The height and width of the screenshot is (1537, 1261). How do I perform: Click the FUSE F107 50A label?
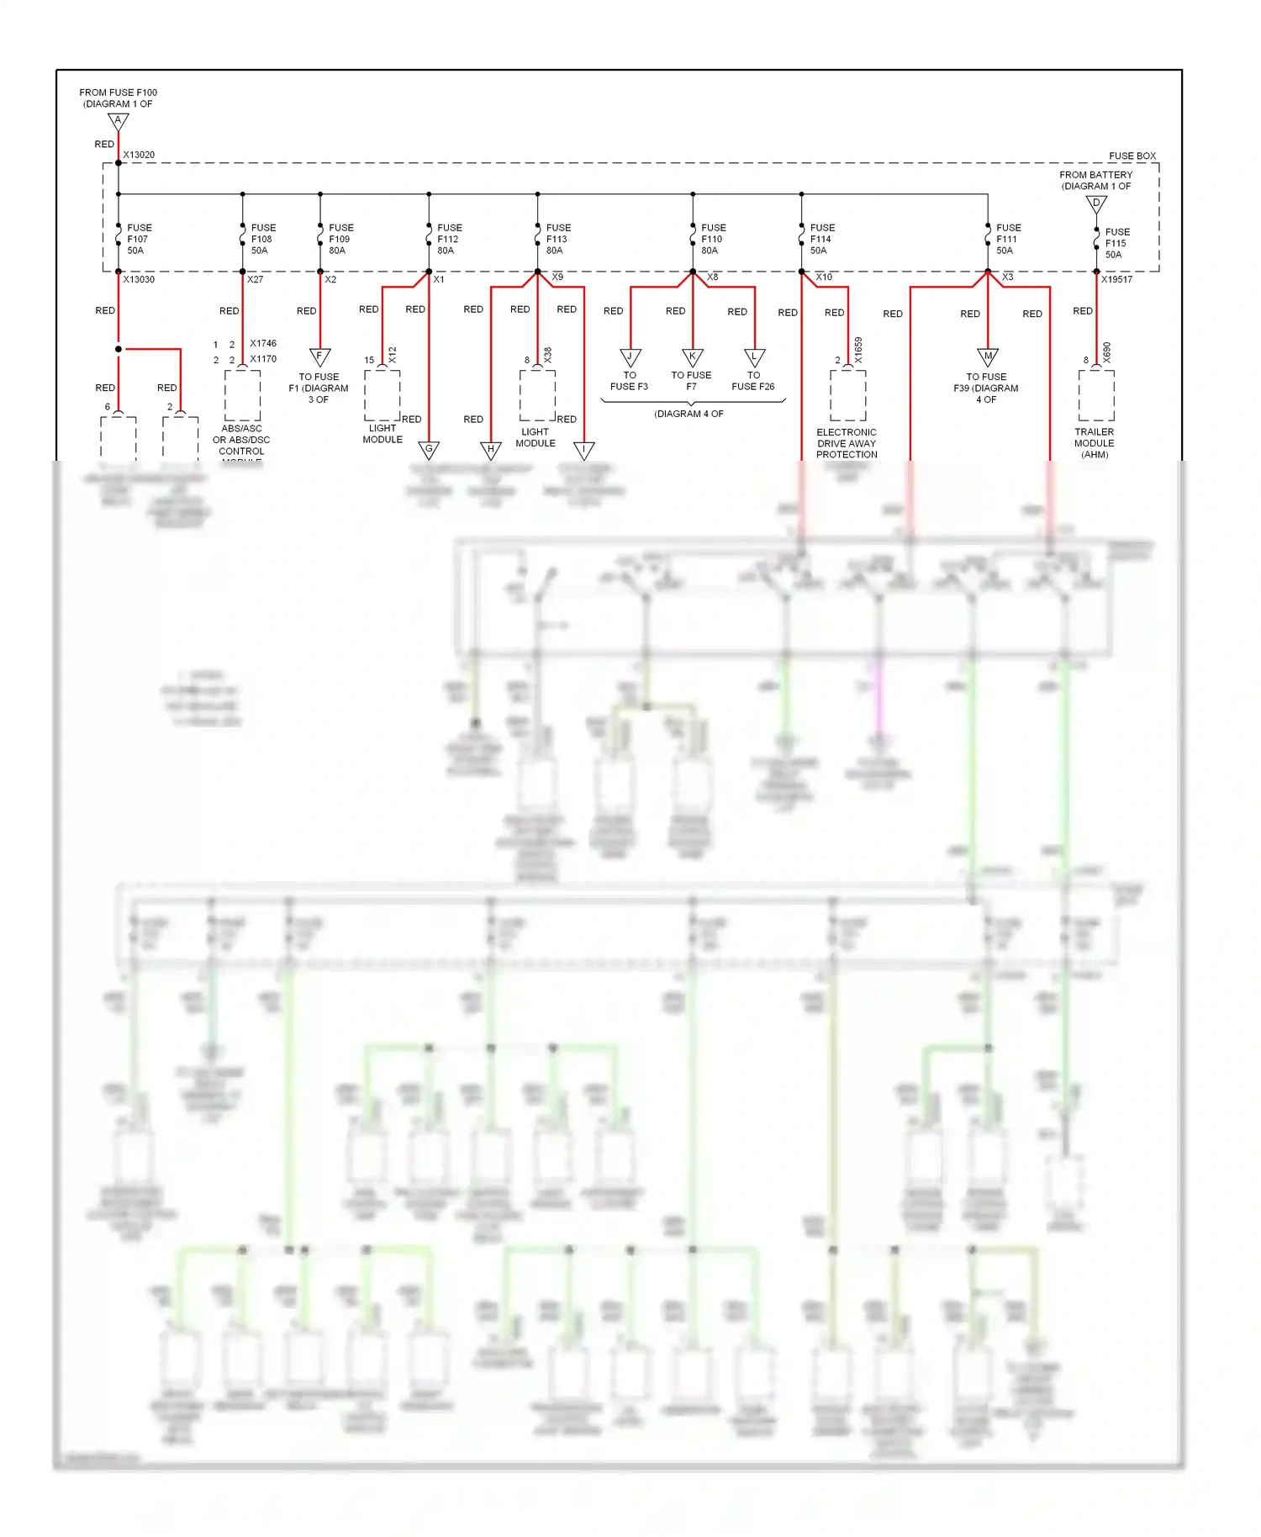click(139, 240)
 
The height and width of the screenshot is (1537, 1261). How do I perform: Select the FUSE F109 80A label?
click(340, 240)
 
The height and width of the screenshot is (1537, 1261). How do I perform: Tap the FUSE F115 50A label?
click(1116, 244)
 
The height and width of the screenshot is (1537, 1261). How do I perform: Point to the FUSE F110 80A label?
click(713, 240)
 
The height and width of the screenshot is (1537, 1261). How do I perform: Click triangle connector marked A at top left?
click(119, 122)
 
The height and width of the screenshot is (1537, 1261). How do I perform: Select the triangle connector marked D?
click(1096, 203)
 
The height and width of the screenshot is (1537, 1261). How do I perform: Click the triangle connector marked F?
click(319, 357)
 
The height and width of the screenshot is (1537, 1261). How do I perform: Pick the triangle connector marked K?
click(692, 357)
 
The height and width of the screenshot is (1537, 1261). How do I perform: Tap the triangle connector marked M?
click(988, 357)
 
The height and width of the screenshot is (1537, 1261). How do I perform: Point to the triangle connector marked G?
click(429, 450)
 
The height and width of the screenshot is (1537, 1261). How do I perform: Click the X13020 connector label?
click(139, 155)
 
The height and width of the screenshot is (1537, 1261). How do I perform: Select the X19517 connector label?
click(1116, 279)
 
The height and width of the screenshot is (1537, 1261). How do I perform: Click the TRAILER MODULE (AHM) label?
click(1095, 443)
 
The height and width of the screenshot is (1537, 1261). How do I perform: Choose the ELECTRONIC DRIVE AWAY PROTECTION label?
click(847, 443)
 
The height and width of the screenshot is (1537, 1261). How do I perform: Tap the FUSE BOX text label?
click(1132, 156)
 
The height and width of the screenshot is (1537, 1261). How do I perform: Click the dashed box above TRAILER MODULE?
click(1096, 395)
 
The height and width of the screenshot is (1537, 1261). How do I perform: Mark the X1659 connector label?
click(858, 350)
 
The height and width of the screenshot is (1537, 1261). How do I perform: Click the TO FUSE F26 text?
click(753, 381)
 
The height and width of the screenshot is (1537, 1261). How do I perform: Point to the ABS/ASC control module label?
click(241, 441)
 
